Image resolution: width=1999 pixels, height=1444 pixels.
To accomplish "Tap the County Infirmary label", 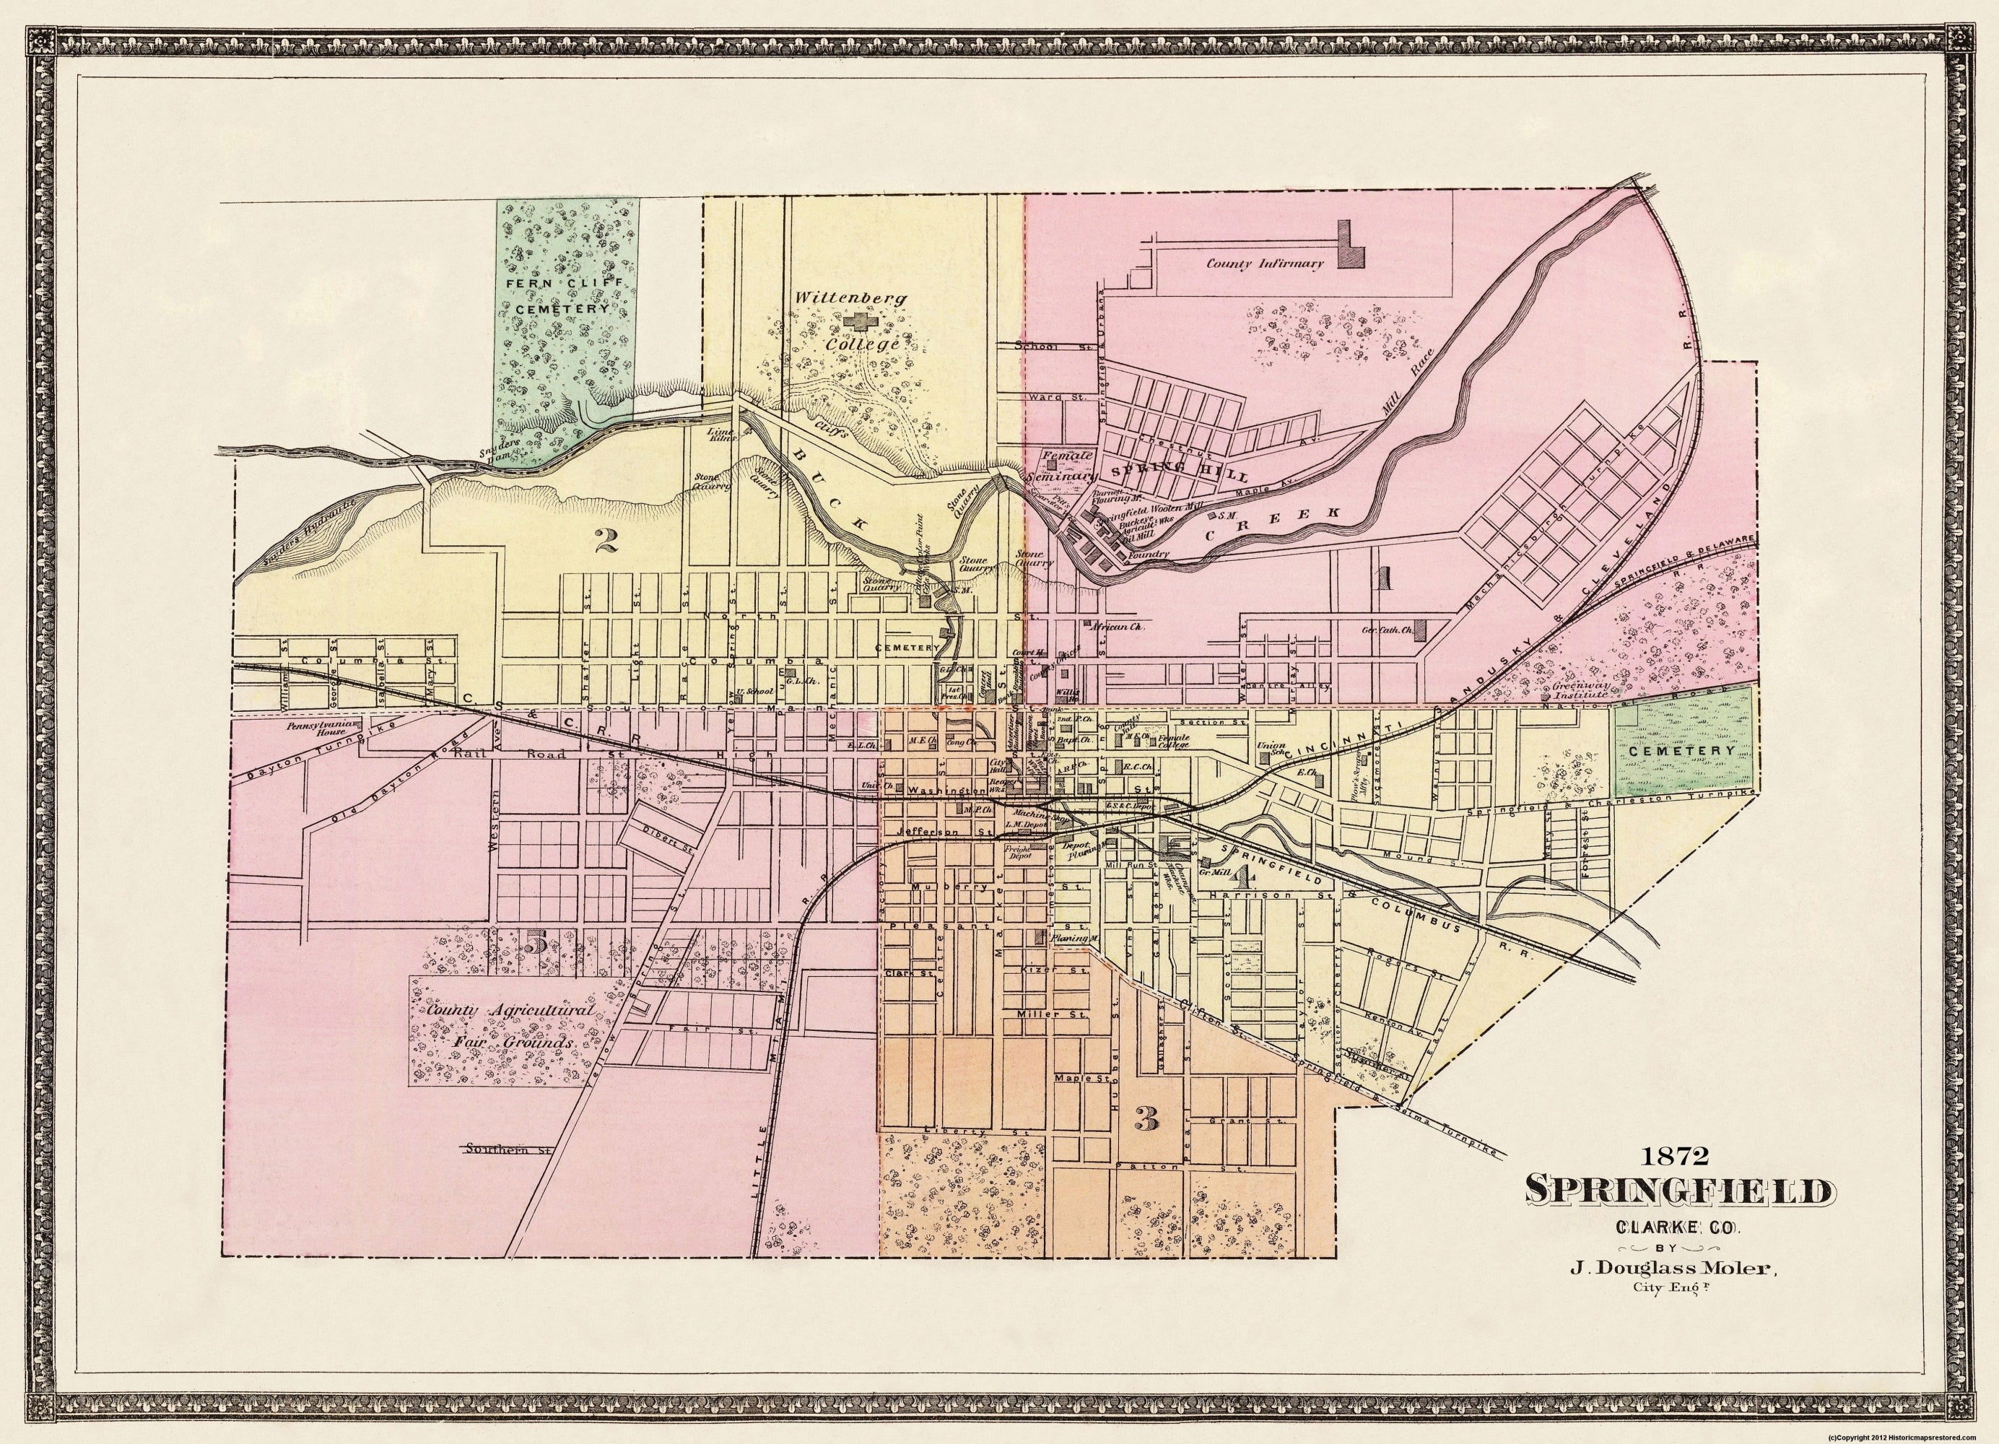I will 1265,264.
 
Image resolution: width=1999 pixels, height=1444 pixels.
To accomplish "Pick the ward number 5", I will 535,943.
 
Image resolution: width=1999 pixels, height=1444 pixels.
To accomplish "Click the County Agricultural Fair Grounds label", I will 500,1026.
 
